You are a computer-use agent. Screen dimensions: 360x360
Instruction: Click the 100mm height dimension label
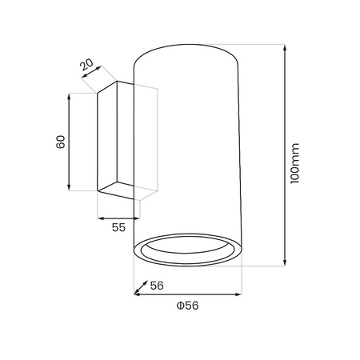(295, 163)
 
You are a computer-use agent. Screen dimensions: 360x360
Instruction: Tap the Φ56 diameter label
(188, 306)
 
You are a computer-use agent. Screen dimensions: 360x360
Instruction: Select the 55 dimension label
(118, 227)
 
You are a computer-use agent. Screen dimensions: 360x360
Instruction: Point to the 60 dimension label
(61, 142)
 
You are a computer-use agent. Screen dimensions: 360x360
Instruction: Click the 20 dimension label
(87, 64)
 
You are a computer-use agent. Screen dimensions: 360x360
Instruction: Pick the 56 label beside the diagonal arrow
(157, 286)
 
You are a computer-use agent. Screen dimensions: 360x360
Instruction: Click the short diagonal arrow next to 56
(141, 287)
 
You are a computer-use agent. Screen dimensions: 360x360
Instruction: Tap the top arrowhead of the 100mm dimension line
(285, 47)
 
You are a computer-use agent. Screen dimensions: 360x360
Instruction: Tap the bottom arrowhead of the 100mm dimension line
(285, 263)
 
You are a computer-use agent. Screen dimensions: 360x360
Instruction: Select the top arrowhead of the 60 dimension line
(70, 97)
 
